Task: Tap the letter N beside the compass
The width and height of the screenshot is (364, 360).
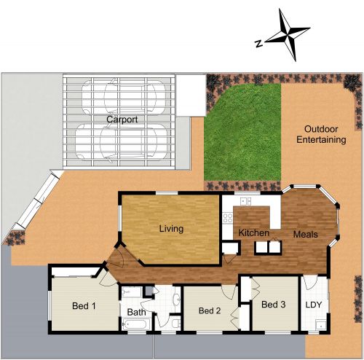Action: coord(258,43)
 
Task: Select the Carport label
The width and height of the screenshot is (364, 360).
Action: coord(122,119)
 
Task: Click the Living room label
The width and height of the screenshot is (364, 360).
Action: coord(171,229)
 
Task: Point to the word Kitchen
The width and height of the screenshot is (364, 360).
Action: coord(254,233)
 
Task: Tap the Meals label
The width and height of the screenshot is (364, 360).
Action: coord(305,235)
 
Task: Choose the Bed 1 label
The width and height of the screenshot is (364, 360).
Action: coord(84,305)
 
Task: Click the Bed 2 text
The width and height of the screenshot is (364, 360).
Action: coord(209,310)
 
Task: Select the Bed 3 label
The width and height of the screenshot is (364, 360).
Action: coord(273,305)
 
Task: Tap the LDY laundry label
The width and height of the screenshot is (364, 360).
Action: coord(314,305)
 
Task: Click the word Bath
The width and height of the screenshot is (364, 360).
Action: coord(136,313)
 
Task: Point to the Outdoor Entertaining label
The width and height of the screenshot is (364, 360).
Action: coord(320,133)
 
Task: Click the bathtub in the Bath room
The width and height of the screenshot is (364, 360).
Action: coord(137,324)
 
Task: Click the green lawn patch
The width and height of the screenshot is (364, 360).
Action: coord(242,131)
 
